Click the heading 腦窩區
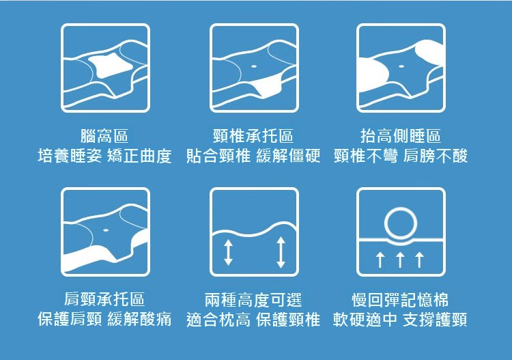click(104, 136)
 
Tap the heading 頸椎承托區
click(253, 136)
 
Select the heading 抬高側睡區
click(401, 136)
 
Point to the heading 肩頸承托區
click(104, 299)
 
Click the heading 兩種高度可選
click(253, 300)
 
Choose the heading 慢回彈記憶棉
click(400, 300)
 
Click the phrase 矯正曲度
click(139, 156)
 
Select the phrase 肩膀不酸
click(436, 156)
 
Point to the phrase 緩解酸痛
click(139, 319)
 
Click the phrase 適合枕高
click(218, 319)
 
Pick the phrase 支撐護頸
click(435, 319)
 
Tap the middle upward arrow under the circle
click(400, 260)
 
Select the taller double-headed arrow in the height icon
click(281, 252)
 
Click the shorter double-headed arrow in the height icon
click(228, 252)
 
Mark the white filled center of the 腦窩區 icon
click(111, 66)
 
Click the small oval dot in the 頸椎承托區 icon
click(254, 66)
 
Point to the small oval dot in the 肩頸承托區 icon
click(106, 230)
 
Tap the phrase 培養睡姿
click(70, 156)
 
